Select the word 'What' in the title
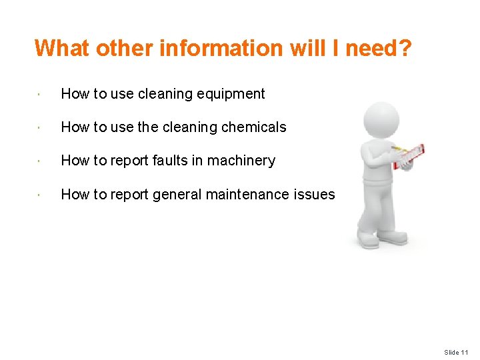(63, 48)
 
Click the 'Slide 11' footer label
(456, 352)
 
